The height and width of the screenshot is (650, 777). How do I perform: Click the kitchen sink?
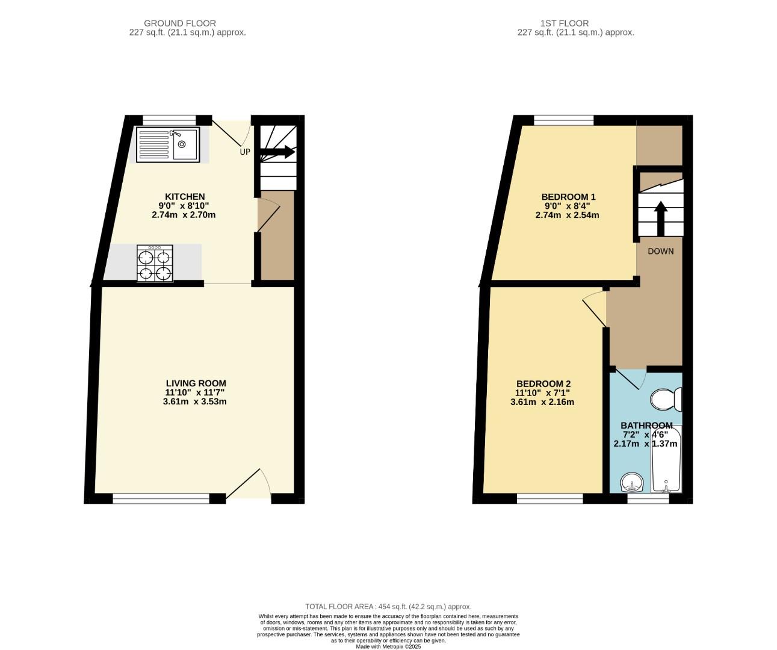tap(168, 144)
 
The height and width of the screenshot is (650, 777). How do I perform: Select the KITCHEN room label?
tap(185, 197)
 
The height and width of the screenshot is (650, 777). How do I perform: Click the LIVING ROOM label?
tap(196, 383)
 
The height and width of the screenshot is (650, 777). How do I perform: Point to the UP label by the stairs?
tap(245, 152)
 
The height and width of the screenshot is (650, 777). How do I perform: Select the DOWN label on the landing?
tap(660, 251)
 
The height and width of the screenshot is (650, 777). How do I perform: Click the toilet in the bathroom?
tap(667, 398)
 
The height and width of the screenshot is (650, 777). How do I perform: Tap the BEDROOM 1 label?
tap(568, 197)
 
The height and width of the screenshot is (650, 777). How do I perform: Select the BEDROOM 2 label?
tap(543, 384)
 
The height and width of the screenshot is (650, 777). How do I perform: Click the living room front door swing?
tap(250, 484)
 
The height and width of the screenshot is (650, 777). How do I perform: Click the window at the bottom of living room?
tap(161, 498)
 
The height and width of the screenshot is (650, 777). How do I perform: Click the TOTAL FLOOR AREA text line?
tap(388, 607)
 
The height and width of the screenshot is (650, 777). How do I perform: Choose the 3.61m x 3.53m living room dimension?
tap(195, 401)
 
